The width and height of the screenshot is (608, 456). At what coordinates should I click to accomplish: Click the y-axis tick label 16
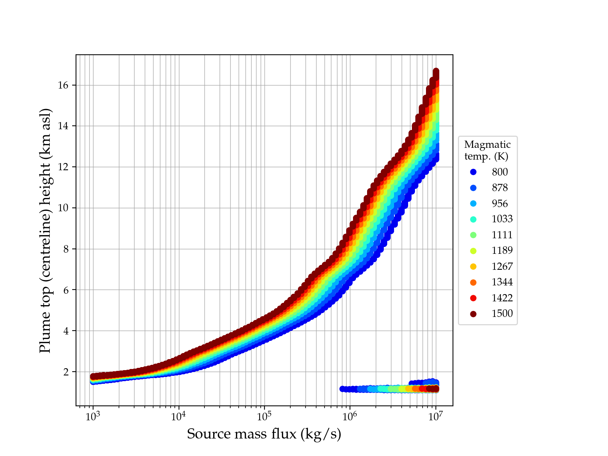click(63, 85)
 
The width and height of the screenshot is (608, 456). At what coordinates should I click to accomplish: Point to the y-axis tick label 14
click(63, 126)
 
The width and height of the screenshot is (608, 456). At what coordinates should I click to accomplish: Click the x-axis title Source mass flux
click(264, 434)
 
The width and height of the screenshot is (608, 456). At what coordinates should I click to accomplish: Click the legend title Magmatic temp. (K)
click(488, 150)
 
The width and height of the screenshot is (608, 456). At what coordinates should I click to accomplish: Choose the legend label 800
click(500, 172)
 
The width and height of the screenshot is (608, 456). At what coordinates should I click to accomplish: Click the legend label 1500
click(502, 313)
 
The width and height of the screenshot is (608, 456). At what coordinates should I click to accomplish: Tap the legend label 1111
click(502, 235)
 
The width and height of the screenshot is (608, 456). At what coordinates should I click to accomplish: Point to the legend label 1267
click(502, 266)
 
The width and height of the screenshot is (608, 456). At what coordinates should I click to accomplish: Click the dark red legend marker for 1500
click(473, 314)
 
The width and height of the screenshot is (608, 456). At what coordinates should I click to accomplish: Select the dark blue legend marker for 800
click(473, 172)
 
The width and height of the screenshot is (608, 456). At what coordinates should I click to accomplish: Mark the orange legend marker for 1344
click(473, 282)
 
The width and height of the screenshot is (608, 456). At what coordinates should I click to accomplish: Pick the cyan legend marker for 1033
click(473, 219)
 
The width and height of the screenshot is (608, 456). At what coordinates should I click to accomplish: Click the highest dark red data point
click(436, 71)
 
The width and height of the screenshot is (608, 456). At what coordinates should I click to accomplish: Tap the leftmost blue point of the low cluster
click(342, 389)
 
